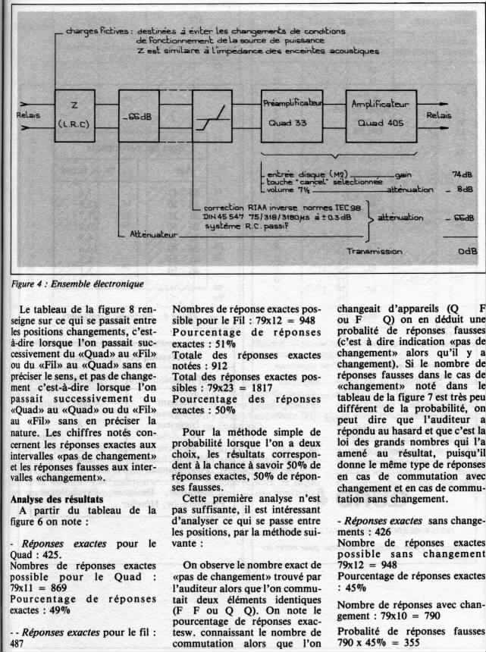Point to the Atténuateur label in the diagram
152,235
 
